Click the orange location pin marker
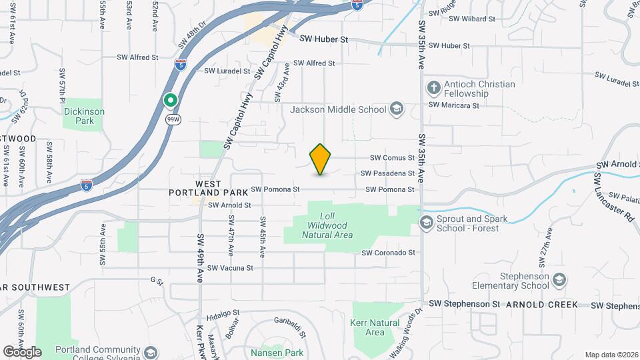coord(321,159)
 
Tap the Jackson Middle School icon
coord(396,109)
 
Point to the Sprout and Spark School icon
coord(427,221)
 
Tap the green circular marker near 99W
coord(171,101)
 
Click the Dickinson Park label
coord(84,117)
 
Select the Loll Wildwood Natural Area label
coord(327,225)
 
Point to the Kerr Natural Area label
coord(375,327)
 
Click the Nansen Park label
coord(277,352)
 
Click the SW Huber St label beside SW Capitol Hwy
coord(323,40)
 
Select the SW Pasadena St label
coord(387,173)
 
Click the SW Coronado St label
coord(388,253)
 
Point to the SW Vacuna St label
coord(230,268)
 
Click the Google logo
coord(22,351)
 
